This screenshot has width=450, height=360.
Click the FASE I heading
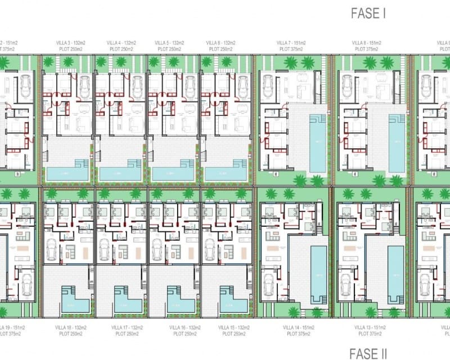pyautogui.click(x=368, y=13)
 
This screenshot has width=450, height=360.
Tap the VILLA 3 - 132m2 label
pyautogui.click(x=70, y=42)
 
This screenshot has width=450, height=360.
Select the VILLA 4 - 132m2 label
pyautogui.click(x=122, y=42)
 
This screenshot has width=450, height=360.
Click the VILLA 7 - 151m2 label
pyautogui.click(x=291, y=42)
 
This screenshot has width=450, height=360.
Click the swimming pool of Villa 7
pyautogui.click(x=318, y=143)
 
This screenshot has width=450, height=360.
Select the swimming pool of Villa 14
pyautogui.click(x=318, y=273)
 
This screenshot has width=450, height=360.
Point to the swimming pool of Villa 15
pyautogui.click(x=231, y=303)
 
